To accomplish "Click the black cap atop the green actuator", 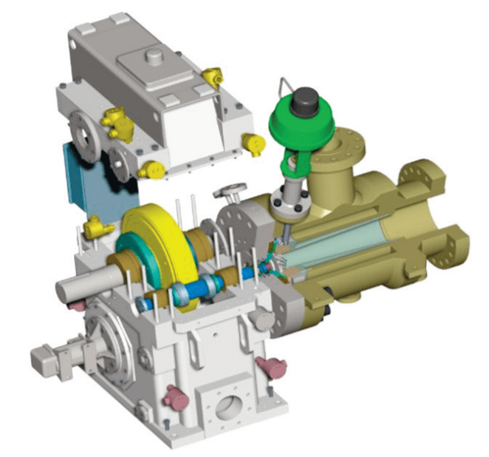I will [304, 98].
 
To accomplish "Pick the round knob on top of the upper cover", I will [154, 56].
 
